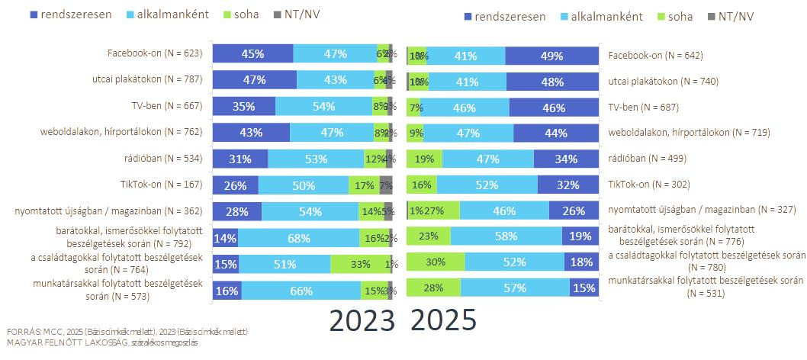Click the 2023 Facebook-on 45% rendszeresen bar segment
(x=252, y=53)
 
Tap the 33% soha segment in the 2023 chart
(x=360, y=264)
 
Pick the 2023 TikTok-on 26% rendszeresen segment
(x=235, y=185)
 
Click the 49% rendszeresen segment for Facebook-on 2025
(x=551, y=56)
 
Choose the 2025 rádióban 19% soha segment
(x=424, y=159)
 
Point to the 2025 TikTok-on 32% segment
(x=567, y=185)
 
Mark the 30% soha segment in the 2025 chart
(x=436, y=262)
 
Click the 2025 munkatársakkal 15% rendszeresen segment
(x=584, y=288)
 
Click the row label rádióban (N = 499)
(x=647, y=159)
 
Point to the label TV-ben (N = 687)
(x=644, y=107)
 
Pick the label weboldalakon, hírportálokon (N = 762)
(x=121, y=131)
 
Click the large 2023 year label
(x=362, y=320)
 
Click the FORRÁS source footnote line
(x=127, y=332)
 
